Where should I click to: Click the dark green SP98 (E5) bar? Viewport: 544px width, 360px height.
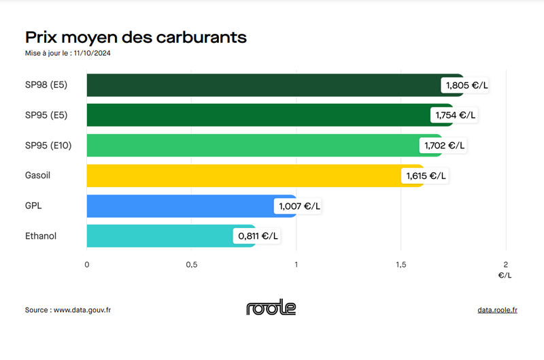265,85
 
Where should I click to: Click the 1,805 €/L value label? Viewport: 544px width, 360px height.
466,85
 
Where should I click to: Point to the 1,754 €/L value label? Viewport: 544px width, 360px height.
456,115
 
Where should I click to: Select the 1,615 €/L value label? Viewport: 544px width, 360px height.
426,176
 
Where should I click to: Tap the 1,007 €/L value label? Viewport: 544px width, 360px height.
298,206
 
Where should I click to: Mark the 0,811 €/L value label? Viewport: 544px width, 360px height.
258,236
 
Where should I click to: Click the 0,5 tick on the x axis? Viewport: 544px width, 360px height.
191,265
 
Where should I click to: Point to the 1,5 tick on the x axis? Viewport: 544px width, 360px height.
401,265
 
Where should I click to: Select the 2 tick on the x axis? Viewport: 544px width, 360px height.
505,265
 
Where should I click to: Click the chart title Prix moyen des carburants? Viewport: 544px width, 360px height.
135,36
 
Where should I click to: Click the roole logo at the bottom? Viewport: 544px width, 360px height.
271,308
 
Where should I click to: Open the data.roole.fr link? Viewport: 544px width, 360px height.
497,310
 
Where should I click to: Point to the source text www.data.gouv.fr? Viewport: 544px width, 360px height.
82,310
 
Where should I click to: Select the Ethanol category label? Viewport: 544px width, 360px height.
40,236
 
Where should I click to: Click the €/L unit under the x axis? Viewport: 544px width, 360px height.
505,276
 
